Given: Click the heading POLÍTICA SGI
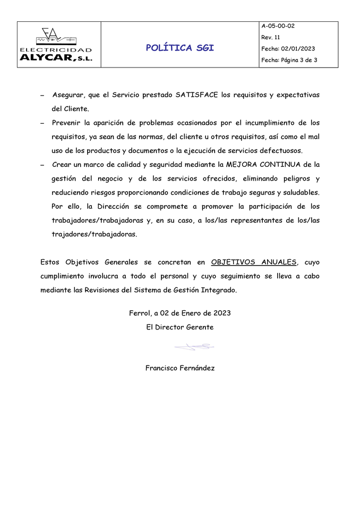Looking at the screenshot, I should pos(179,48).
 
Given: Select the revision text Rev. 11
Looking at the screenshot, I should pos(271,37).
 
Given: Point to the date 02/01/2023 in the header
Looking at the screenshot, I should pos(298,49).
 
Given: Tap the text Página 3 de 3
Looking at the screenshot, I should pos(299,60).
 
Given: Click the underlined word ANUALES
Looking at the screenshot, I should pos(277,262).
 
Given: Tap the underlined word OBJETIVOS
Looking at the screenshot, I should pos(232,262).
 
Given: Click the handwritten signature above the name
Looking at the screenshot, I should pos(194,347).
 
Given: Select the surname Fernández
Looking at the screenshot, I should pos(197,368).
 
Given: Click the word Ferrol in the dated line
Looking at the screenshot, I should pos(140,313).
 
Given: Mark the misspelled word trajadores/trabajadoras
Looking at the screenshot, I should pos(93,234).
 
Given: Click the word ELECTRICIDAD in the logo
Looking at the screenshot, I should pos(55,50).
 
